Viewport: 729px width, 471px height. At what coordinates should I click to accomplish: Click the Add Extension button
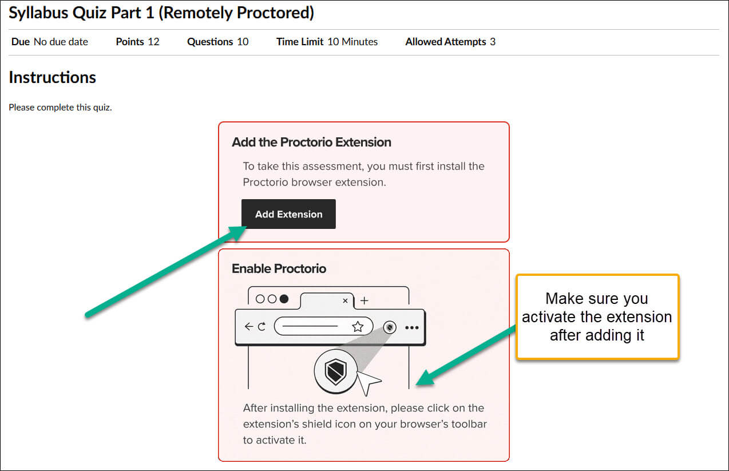click(x=288, y=214)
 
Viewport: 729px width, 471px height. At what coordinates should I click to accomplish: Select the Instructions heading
click(x=53, y=77)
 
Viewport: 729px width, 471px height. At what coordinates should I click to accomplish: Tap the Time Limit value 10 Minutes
click(x=352, y=42)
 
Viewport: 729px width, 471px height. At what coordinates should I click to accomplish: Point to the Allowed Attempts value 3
click(x=493, y=42)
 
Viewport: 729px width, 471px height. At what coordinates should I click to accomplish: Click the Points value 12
click(x=153, y=42)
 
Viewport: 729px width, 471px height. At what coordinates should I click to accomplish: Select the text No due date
click(x=61, y=42)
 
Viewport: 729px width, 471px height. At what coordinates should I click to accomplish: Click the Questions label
click(x=210, y=42)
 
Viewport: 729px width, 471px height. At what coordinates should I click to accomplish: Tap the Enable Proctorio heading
click(x=279, y=268)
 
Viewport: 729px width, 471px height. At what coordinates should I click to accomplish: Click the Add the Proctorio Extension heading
click(x=311, y=143)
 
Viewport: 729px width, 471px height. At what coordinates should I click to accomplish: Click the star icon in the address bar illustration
click(x=358, y=326)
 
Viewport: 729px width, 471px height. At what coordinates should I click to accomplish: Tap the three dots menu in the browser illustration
click(x=411, y=327)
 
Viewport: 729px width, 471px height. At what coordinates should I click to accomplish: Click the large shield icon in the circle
click(x=335, y=371)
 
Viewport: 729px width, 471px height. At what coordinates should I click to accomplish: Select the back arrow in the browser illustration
click(x=249, y=326)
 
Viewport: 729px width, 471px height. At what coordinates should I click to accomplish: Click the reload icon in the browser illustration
click(x=262, y=326)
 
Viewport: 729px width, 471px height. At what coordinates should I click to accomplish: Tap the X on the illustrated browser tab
click(x=345, y=301)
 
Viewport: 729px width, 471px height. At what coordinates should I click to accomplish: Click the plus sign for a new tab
click(x=364, y=300)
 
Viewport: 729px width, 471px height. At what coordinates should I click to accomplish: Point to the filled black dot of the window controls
click(x=284, y=299)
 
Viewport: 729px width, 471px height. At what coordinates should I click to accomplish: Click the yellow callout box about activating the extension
click(x=597, y=316)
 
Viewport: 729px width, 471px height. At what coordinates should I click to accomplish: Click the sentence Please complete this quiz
click(x=60, y=108)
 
